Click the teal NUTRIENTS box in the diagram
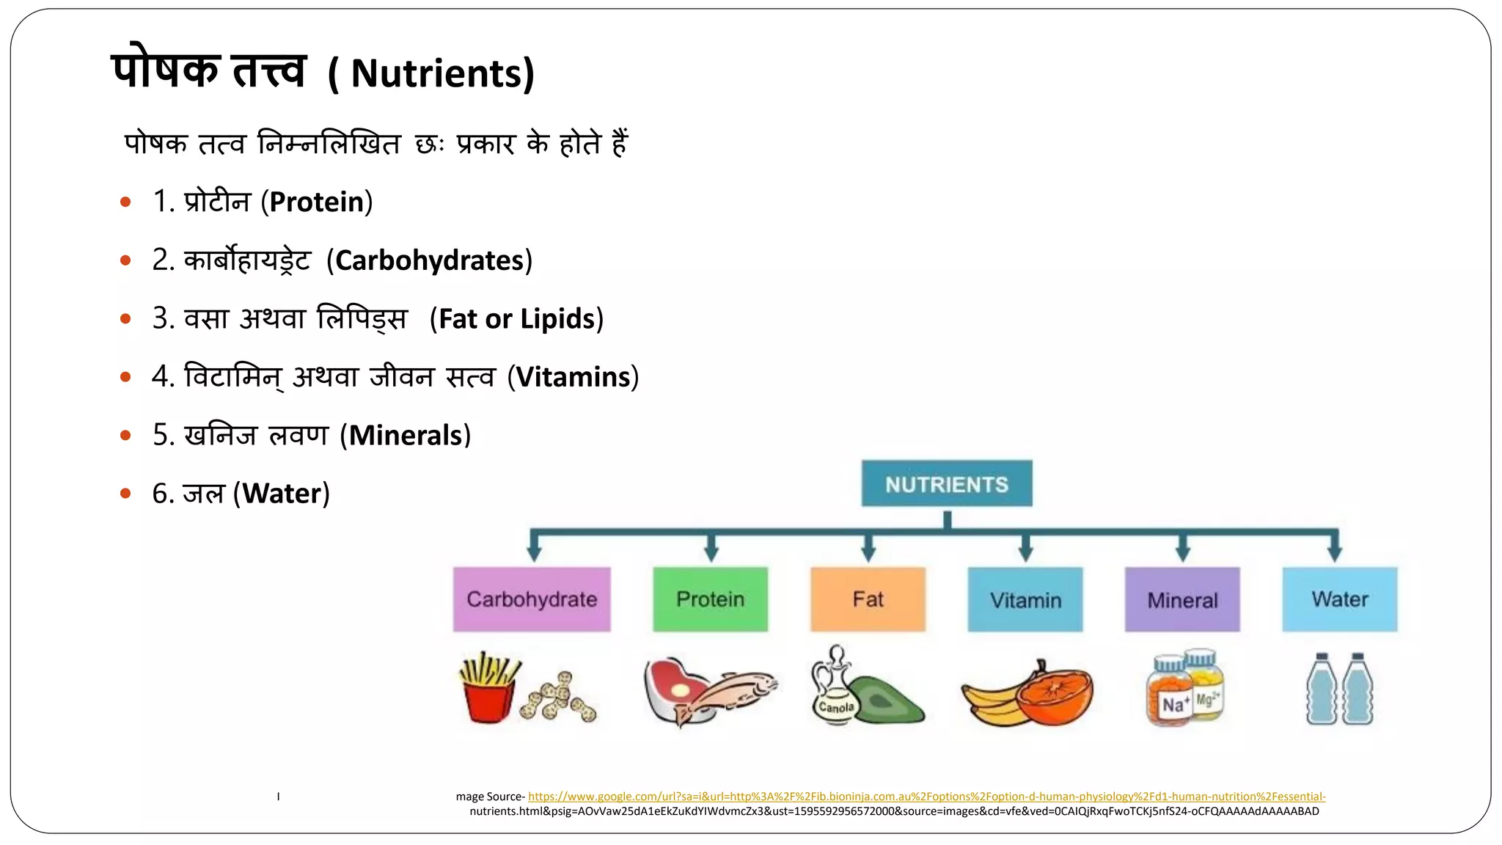[x=946, y=483]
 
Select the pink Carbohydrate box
[x=532, y=599]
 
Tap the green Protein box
[x=710, y=599]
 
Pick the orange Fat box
[x=868, y=599]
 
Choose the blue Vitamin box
[x=1025, y=599]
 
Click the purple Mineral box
[x=1182, y=599]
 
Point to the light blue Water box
[x=1339, y=599]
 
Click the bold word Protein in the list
[x=317, y=202]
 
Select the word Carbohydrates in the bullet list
[x=429, y=260]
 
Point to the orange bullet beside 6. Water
[x=125, y=494]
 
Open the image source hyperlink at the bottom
[x=926, y=797]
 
